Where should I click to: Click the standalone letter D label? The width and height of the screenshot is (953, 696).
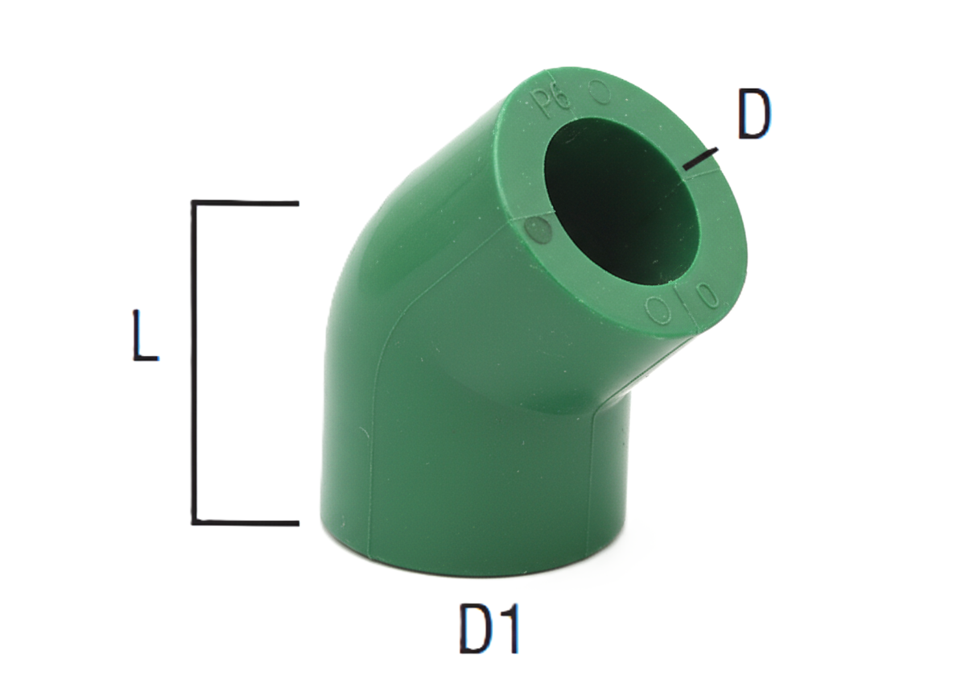(x=753, y=118)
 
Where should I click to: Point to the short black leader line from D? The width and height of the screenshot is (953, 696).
(x=699, y=159)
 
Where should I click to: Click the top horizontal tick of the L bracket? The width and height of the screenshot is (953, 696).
(x=245, y=203)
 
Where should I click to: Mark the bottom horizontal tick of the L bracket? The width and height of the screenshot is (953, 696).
(x=245, y=522)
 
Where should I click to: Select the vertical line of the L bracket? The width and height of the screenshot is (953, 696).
(x=194, y=362)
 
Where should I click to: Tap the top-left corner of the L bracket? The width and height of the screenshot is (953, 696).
(x=194, y=203)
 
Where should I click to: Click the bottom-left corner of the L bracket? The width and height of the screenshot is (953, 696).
(x=194, y=522)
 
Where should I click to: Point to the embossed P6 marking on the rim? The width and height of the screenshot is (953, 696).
(x=551, y=103)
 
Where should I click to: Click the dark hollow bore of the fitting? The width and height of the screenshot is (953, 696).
(x=620, y=201)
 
